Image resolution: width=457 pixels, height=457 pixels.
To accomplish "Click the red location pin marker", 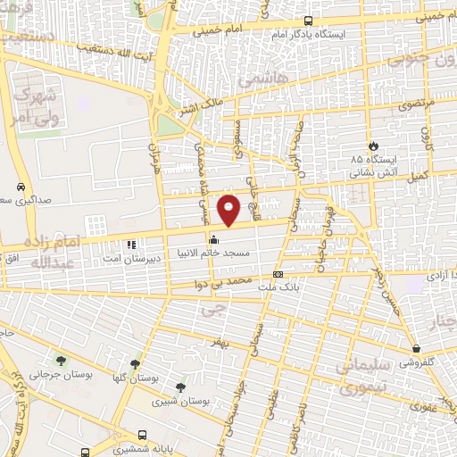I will tap(229, 210).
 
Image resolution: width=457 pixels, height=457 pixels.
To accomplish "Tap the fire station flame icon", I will tap(372, 145).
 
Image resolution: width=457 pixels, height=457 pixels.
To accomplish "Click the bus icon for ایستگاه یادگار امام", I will tap(308, 21).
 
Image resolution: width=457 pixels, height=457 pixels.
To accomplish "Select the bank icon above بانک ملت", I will tap(278, 274).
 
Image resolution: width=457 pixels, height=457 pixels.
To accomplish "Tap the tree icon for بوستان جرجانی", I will tap(61, 361).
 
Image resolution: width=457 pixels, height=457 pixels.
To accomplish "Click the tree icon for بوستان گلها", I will tap(135, 363).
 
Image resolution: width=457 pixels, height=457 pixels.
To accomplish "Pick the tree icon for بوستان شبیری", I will tap(181, 387).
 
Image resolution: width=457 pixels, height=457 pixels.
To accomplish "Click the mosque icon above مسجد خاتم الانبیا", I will tap(213, 239).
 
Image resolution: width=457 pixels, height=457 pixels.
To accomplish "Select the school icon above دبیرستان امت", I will tap(131, 244).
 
